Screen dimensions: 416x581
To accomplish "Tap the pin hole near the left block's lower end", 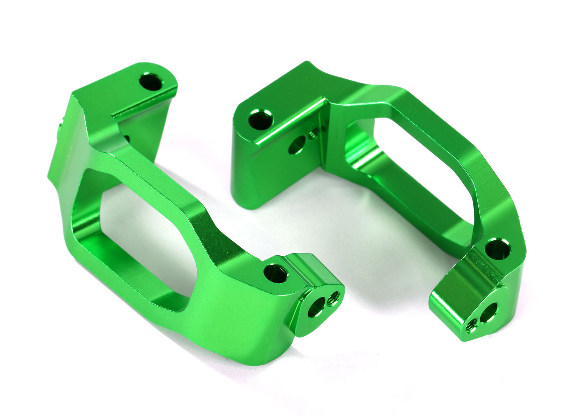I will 276,274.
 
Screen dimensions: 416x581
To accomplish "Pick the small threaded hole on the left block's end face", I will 333,299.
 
